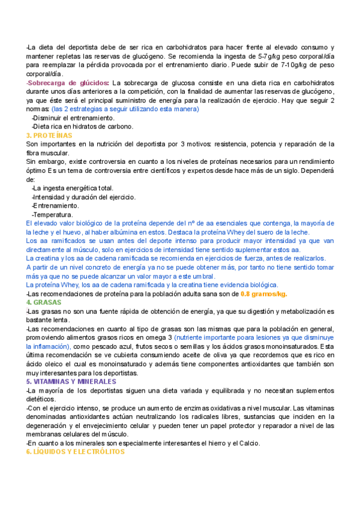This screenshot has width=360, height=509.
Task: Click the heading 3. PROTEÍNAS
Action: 49,136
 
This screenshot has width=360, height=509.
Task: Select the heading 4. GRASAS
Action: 44,303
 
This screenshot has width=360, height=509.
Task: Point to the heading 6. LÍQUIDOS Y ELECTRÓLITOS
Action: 75,451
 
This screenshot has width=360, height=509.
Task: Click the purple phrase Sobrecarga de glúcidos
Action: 68,82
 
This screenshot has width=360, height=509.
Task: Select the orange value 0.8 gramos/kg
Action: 263,294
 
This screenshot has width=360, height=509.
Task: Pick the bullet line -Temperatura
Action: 52,214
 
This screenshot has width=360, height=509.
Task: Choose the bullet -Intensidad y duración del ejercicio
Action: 83,197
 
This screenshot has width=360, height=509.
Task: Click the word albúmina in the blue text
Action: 140,232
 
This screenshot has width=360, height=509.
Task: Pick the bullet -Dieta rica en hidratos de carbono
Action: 82,127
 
